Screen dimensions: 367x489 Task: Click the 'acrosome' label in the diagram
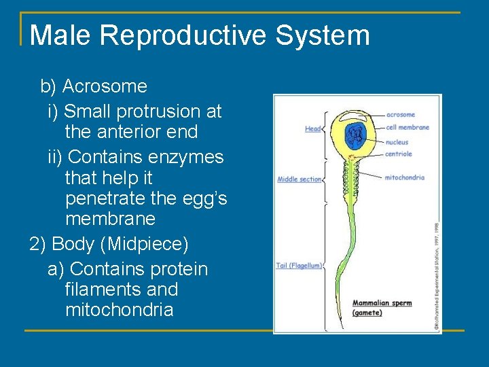click(400, 115)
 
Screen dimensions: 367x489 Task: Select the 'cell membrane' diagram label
click(407, 127)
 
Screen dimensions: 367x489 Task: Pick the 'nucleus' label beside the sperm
click(397, 143)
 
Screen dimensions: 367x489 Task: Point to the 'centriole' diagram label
click(399, 154)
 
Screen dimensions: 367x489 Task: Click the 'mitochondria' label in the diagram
click(404, 177)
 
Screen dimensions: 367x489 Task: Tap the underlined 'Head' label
click(312, 128)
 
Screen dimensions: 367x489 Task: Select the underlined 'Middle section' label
click(299, 179)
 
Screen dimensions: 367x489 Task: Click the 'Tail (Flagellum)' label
click(299, 266)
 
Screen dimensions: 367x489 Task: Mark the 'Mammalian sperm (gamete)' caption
click(382, 307)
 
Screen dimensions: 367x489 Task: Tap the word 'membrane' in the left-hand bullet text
click(110, 220)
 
